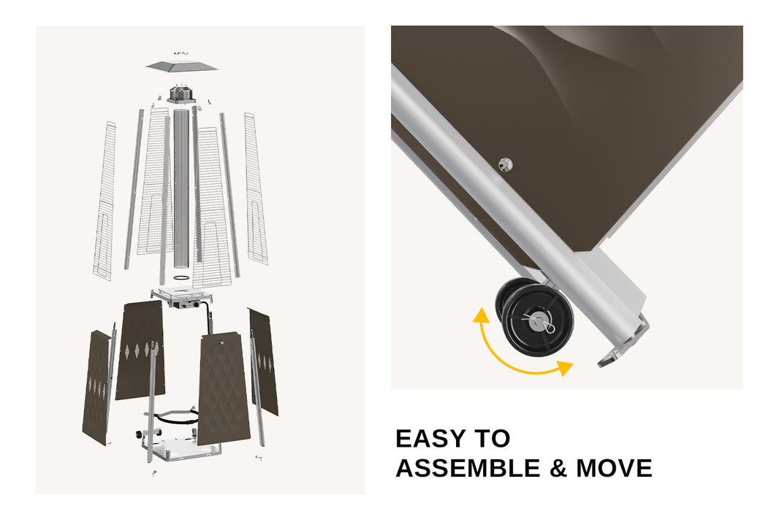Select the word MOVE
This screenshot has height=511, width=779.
(614, 469)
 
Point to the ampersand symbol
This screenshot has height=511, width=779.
(558, 469)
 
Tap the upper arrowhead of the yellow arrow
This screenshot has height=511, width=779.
(480, 315)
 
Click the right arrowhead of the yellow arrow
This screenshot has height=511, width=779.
(564, 368)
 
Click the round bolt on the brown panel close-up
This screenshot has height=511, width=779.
(505, 164)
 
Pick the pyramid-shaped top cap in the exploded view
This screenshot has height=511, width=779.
(182, 66)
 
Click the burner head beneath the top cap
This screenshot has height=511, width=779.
(181, 93)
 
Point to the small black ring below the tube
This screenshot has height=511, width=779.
(181, 277)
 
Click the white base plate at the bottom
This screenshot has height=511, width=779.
(184, 450)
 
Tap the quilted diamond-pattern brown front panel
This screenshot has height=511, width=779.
(224, 388)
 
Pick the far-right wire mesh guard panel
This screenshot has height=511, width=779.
(255, 188)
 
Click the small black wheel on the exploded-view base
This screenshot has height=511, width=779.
(138, 435)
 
